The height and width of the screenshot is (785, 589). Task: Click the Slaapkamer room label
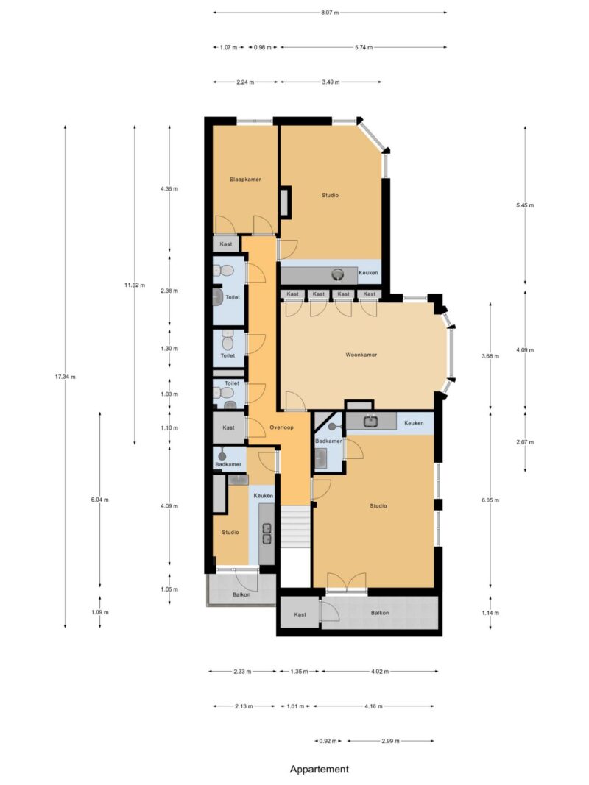click(x=245, y=179)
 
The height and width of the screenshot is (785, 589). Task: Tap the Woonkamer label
click(x=361, y=355)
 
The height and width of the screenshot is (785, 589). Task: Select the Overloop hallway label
click(x=282, y=427)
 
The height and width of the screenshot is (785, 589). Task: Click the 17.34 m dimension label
click(x=66, y=377)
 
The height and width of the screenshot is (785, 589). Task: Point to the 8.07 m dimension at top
click(x=331, y=12)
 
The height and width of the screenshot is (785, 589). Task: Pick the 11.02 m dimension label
click(x=134, y=285)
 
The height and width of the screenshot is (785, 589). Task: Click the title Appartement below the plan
click(x=319, y=769)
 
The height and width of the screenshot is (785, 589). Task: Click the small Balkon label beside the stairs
click(x=241, y=594)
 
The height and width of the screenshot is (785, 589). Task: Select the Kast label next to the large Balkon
click(x=300, y=614)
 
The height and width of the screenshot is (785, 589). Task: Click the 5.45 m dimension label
click(x=525, y=205)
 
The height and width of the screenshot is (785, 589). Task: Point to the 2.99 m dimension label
click(x=391, y=741)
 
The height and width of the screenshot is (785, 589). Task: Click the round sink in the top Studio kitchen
click(x=338, y=274)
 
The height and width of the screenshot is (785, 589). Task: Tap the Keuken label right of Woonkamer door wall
click(x=414, y=423)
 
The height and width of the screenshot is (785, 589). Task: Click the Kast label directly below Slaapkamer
click(x=226, y=244)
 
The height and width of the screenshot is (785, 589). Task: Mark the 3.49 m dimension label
click(x=331, y=82)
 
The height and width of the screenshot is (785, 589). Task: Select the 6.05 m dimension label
click(x=491, y=500)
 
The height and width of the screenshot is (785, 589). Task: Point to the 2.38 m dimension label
click(x=169, y=291)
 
